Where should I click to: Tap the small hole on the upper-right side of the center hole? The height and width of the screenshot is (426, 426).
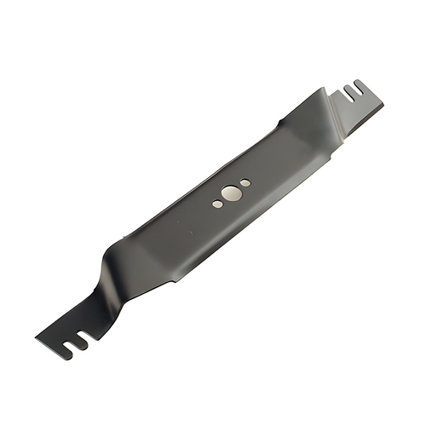[x=245, y=182]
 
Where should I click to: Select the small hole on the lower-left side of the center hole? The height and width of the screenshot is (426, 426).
[x=216, y=203]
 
